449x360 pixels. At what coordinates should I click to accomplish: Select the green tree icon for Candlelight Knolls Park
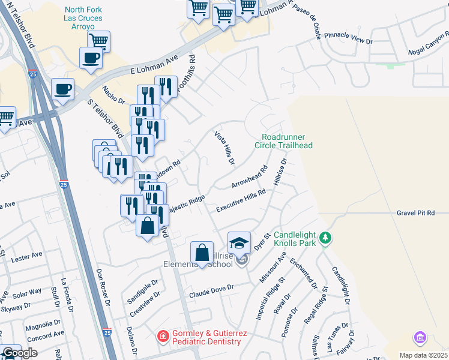[325, 239]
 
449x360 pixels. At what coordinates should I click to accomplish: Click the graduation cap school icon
[239, 243]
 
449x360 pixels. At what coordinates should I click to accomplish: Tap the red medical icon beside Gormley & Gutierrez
[163, 337]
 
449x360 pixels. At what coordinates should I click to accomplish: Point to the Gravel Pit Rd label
[423, 213]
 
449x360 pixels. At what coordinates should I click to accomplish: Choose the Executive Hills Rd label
[241, 201]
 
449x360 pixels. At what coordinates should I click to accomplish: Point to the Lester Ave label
[26, 255]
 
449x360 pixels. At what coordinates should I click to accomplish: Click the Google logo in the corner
[20, 353]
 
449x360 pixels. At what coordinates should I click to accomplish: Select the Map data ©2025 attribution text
[423, 355]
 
